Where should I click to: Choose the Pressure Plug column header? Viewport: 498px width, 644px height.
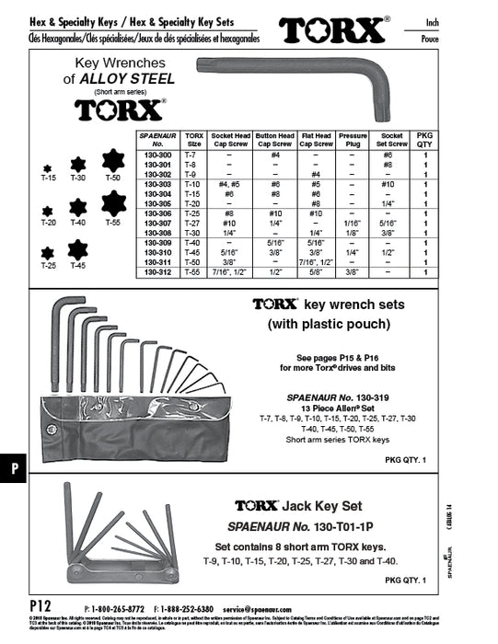(351, 138)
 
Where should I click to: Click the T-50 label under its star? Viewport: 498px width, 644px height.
(113, 177)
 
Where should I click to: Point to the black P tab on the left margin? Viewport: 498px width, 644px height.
(14, 468)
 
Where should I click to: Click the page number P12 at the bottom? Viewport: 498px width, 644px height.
(41, 606)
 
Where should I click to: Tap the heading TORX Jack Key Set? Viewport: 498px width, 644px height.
(311, 506)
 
